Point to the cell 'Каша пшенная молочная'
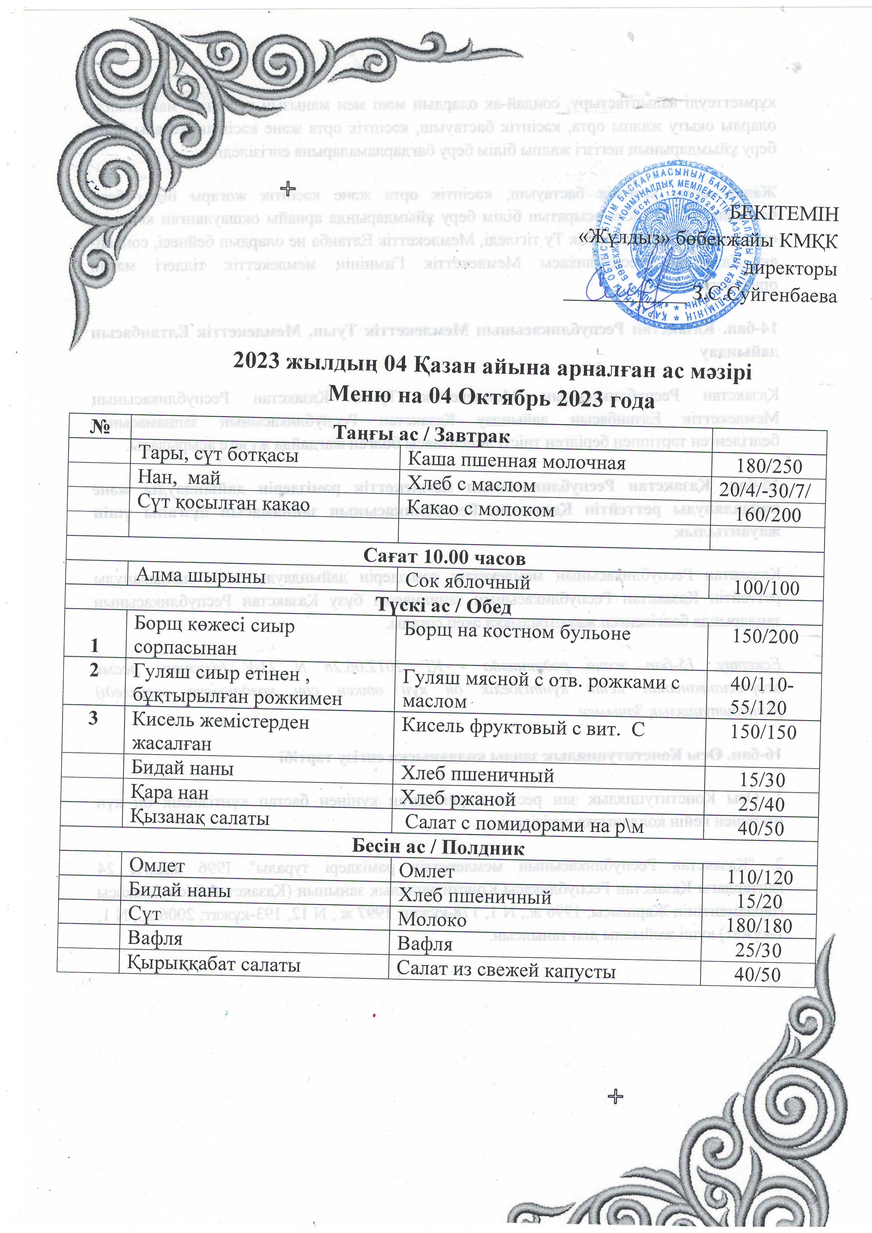click(516, 462)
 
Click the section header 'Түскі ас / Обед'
click(443, 606)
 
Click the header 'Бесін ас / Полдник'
click(438, 847)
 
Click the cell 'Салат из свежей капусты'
click(506, 970)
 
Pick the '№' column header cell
click(101, 427)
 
